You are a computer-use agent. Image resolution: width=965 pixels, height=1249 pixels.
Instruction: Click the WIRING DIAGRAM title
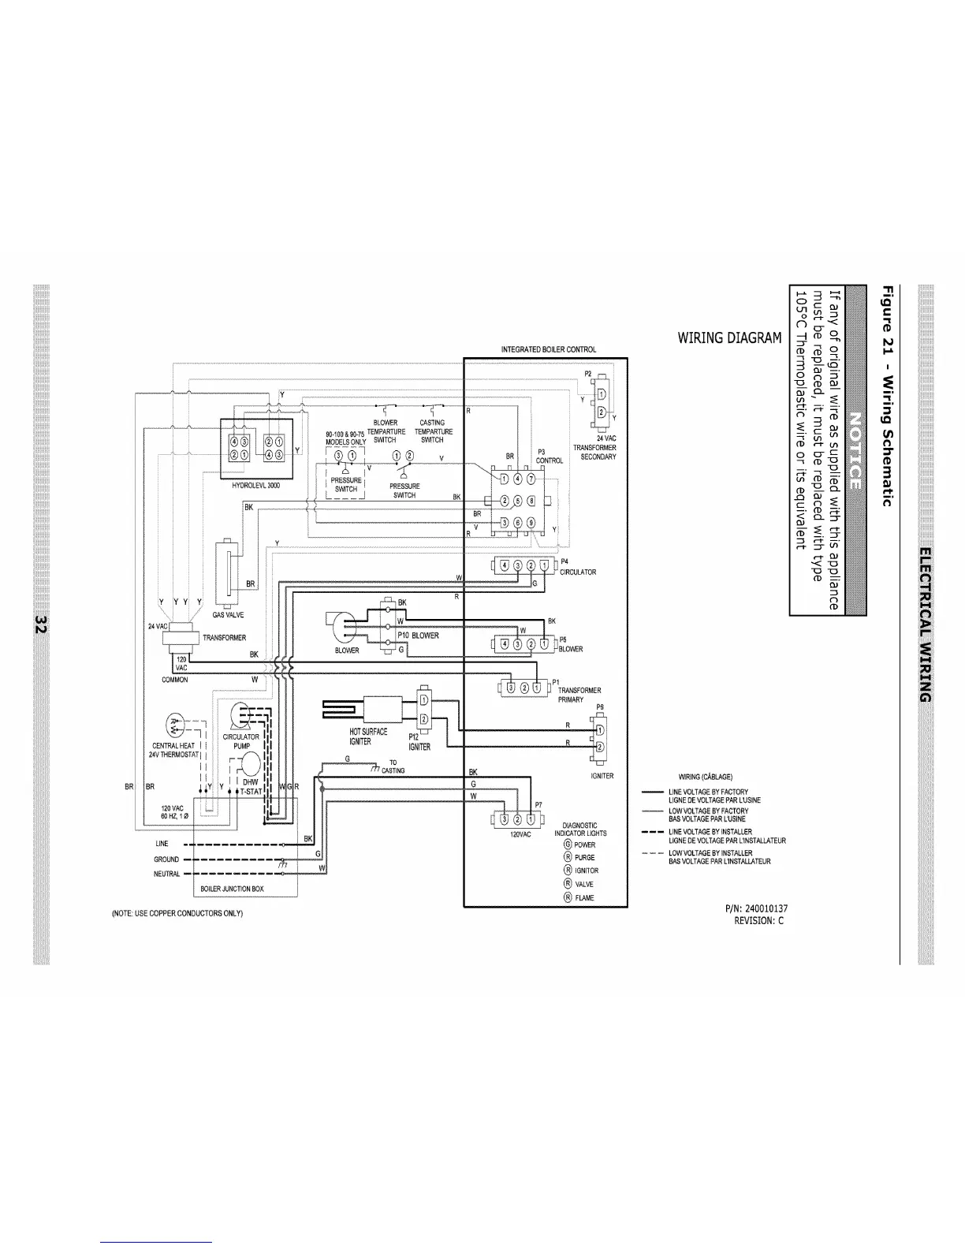729,338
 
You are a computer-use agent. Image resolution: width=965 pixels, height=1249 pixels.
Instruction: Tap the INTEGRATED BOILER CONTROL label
549,349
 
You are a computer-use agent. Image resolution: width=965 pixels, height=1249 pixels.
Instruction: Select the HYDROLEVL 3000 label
256,486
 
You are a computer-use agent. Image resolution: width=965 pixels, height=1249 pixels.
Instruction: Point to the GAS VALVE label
229,615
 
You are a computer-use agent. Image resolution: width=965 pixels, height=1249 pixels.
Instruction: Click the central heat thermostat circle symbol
175,724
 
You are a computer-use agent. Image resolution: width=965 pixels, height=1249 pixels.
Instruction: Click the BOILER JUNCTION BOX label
233,889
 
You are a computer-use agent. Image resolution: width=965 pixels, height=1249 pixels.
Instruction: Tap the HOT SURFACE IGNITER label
368,736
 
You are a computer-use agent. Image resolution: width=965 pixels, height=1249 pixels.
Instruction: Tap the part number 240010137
756,909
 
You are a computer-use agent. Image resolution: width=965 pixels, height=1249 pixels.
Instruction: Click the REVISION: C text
758,920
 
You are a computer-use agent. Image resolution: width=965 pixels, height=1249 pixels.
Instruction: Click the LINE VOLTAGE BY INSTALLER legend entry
710,832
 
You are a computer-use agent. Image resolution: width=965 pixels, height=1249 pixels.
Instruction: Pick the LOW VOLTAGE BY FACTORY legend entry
708,811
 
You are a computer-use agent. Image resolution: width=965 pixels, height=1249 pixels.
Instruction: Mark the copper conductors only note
177,913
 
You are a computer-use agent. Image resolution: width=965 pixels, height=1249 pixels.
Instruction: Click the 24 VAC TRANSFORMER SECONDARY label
594,448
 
